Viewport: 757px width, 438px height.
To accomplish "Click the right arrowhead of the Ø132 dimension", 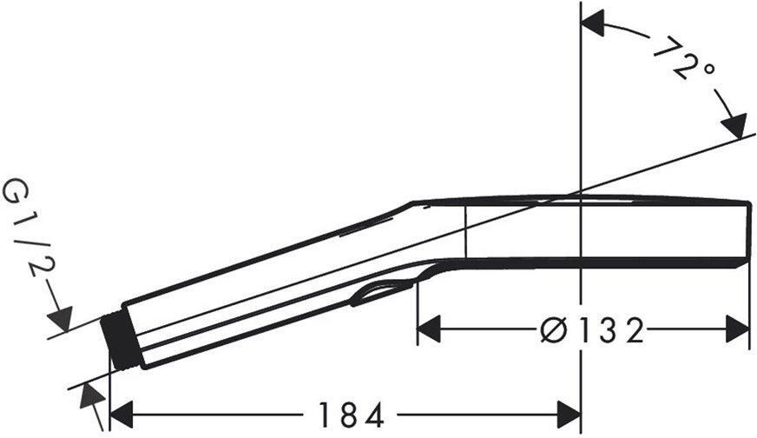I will (737, 328).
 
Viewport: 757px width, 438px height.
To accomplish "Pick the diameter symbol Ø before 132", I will (552, 329).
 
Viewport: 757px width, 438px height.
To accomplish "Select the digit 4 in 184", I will (374, 415).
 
